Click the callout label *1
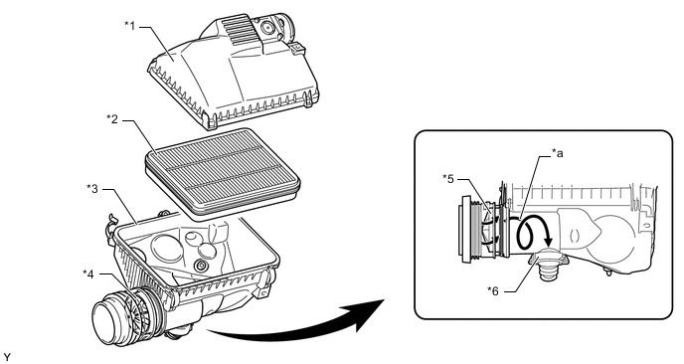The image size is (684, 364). click(130, 26)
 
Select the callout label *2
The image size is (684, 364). click(112, 118)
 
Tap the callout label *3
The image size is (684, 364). click(92, 189)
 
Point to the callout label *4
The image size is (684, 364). click(88, 273)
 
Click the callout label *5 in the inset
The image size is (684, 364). click(448, 178)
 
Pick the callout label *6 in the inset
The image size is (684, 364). click(492, 290)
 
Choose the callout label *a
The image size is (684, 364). click(557, 152)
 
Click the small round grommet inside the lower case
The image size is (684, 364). click(201, 266)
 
